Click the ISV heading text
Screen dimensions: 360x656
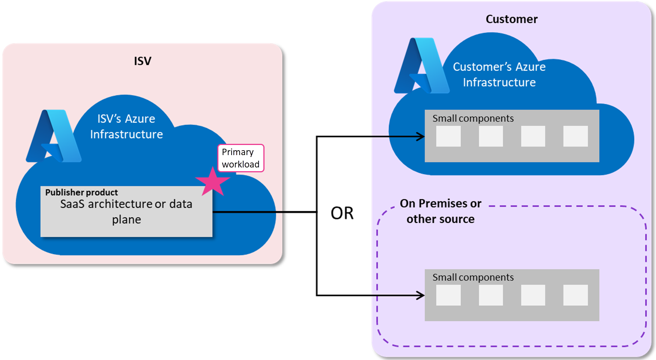coord(142,61)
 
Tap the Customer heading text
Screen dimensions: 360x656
coord(511,19)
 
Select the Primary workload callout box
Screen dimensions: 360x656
coord(241,158)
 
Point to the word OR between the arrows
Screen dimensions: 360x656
coord(342,213)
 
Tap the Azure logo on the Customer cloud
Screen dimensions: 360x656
coord(422,66)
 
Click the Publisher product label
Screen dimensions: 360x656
coord(81,192)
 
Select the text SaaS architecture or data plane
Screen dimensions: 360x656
coord(126,211)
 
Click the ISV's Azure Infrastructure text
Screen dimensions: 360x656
coord(126,126)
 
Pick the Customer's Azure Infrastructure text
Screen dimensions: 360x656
coord(499,74)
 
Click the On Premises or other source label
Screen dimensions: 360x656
coord(441,211)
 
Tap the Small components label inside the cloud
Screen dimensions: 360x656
coord(473,118)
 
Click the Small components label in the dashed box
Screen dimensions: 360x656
coord(473,277)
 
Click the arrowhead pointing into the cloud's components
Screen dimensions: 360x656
coord(421,136)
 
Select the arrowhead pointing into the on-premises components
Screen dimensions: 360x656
coord(421,295)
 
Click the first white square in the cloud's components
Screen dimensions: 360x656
coord(448,136)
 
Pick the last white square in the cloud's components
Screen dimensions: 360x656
coord(575,136)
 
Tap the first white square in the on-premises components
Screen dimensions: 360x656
coord(448,295)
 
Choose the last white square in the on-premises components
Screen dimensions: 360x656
coord(575,295)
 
